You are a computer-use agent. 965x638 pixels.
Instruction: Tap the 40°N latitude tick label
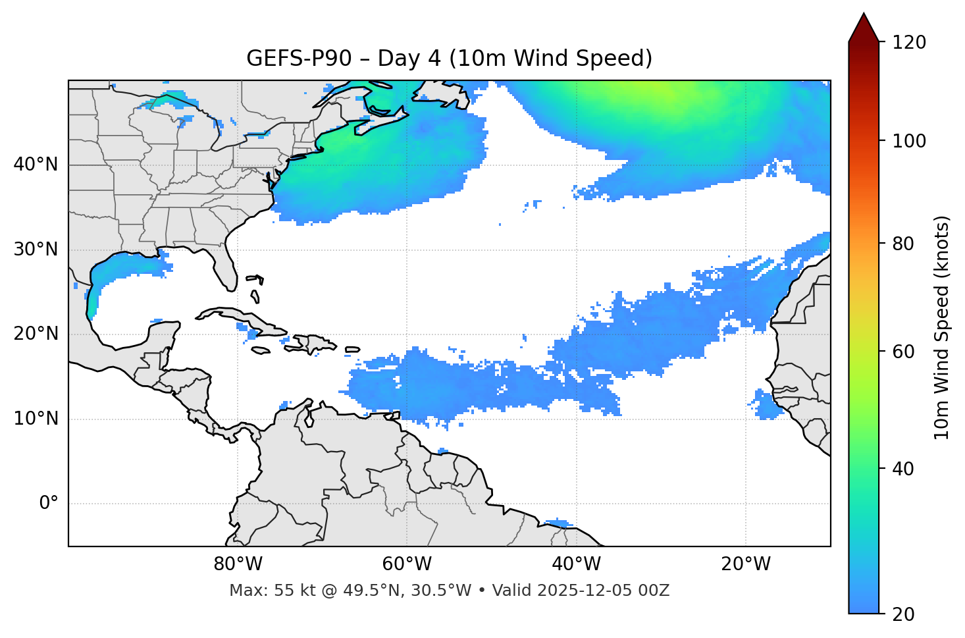(x=36, y=165)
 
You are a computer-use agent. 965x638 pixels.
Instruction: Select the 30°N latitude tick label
(x=36, y=250)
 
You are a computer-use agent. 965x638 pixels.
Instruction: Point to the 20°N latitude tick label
(x=36, y=334)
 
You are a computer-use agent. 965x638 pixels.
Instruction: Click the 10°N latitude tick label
(x=36, y=419)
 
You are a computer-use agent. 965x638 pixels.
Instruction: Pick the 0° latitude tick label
(x=49, y=504)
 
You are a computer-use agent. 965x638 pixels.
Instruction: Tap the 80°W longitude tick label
(x=238, y=564)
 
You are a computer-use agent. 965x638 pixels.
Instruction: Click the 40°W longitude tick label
(x=576, y=564)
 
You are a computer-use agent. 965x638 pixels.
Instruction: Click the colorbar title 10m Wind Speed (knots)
(x=942, y=327)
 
